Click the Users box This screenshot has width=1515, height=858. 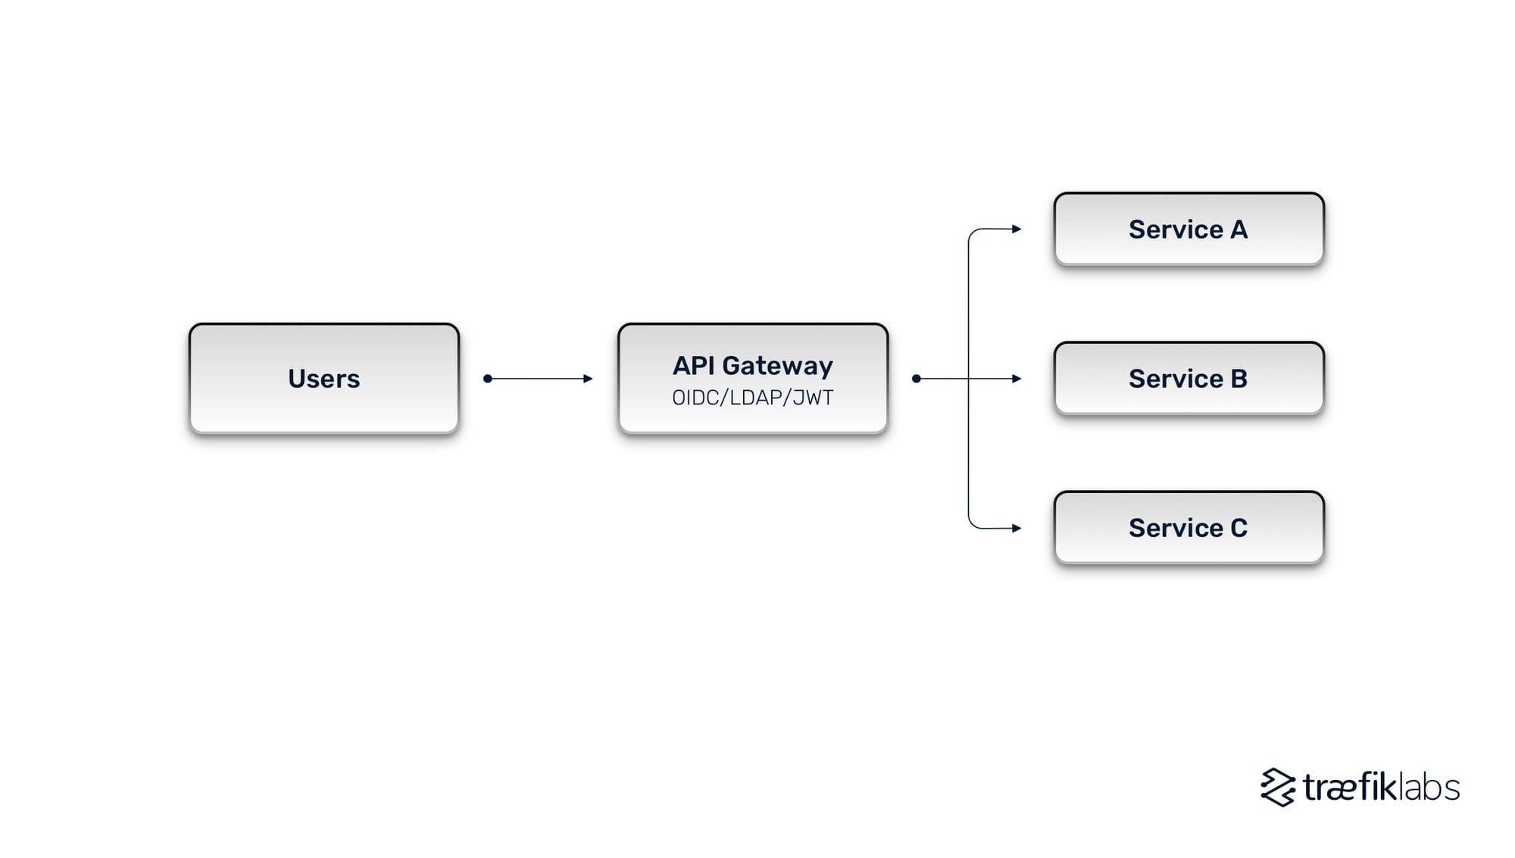(x=323, y=378)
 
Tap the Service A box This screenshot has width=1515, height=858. (x=1188, y=229)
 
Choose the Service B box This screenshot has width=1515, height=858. (x=1188, y=378)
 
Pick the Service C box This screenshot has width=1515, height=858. (x=1188, y=527)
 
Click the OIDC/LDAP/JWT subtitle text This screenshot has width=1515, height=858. (x=752, y=398)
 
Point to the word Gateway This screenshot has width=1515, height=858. (x=777, y=366)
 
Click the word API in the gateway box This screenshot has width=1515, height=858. (x=693, y=366)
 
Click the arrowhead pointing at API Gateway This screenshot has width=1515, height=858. (x=588, y=378)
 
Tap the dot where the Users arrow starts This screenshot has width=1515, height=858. (x=488, y=378)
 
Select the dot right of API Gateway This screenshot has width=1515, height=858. (x=917, y=378)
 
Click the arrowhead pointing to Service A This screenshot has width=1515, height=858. (x=1017, y=229)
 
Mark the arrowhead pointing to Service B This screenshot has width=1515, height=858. (x=1017, y=378)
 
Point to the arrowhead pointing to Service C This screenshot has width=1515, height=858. (x=1017, y=528)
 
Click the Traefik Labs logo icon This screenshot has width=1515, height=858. (x=1278, y=787)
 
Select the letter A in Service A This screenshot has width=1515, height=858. (x=1239, y=229)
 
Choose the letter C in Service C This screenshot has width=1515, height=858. (x=1239, y=528)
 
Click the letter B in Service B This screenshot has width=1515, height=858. (x=1239, y=379)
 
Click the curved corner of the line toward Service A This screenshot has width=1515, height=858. (x=972, y=232)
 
